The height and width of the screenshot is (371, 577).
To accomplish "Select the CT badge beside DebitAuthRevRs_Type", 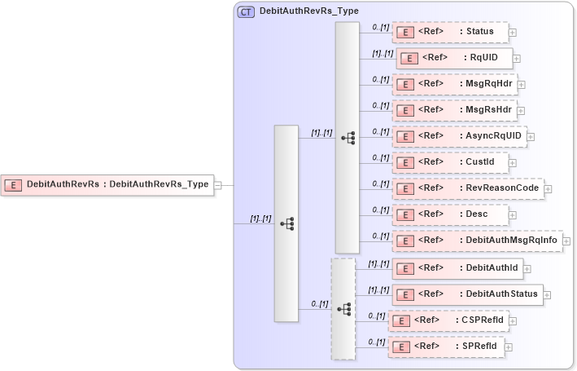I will [245, 12].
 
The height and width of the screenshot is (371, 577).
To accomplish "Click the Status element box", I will [450, 33].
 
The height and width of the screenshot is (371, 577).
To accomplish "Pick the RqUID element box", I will [454, 59].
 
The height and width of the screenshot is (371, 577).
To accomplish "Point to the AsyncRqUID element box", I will [459, 135].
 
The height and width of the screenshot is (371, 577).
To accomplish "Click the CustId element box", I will [450, 161].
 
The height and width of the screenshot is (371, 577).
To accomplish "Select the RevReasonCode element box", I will [467, 188].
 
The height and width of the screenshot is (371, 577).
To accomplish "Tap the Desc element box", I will [450, 214].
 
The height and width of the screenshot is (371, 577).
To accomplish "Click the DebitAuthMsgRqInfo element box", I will [477, 241].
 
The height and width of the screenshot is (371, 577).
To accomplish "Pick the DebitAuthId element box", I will [457, 267].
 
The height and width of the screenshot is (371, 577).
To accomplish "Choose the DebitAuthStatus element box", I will [467, 294].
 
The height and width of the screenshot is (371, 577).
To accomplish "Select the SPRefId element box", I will [445, 347].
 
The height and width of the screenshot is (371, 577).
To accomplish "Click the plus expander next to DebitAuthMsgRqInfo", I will [566, 241].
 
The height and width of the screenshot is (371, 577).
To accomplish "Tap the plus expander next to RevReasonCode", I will [548, 189].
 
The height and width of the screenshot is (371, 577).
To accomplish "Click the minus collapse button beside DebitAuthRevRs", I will [218, 185].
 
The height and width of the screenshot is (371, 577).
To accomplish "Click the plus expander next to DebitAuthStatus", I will [548, 294].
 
